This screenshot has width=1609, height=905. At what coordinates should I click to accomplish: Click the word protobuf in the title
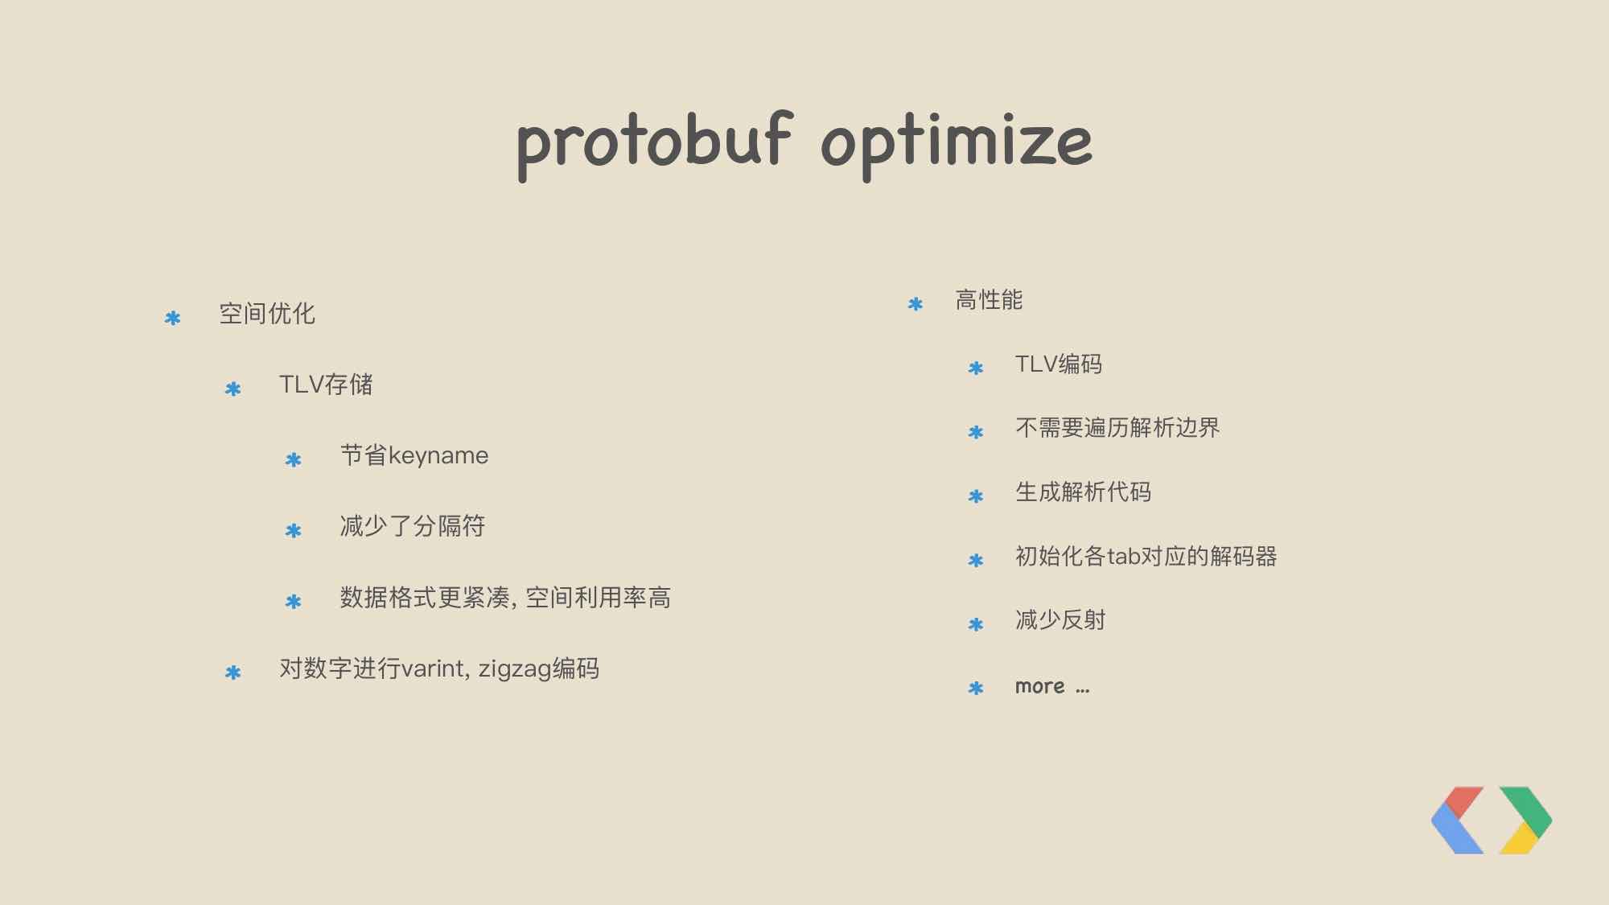(x=654, y=145)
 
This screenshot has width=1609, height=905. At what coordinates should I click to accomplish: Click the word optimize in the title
(x=957, y=145)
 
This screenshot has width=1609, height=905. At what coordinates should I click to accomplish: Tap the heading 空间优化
(x=267, y=314)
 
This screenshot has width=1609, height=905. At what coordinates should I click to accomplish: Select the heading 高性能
(x=989, y=300)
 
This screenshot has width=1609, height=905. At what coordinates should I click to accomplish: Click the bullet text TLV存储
(x=326, y=385)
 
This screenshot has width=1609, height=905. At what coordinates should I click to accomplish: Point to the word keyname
(x=438, y=456)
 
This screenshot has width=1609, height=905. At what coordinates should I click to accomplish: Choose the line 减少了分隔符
(x=413, y=526)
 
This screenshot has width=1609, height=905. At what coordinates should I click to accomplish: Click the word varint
(x=434, y=668)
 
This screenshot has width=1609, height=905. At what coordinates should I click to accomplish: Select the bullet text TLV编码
(x=1059, y=364)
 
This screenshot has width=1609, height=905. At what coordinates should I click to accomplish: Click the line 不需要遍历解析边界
(x=1117, y=428)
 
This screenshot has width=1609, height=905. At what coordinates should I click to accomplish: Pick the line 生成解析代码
(x=1083, y=492)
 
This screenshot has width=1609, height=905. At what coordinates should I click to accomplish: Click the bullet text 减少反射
(x=1060, y=620)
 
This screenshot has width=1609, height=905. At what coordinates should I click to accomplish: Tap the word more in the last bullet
(x=1039, y=687)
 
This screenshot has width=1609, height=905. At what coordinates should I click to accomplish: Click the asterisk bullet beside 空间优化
(x=172, y=319)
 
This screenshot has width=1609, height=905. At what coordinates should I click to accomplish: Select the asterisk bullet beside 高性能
(x=915, y=304)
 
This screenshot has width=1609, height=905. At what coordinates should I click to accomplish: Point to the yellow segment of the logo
(x=1519, y=840)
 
